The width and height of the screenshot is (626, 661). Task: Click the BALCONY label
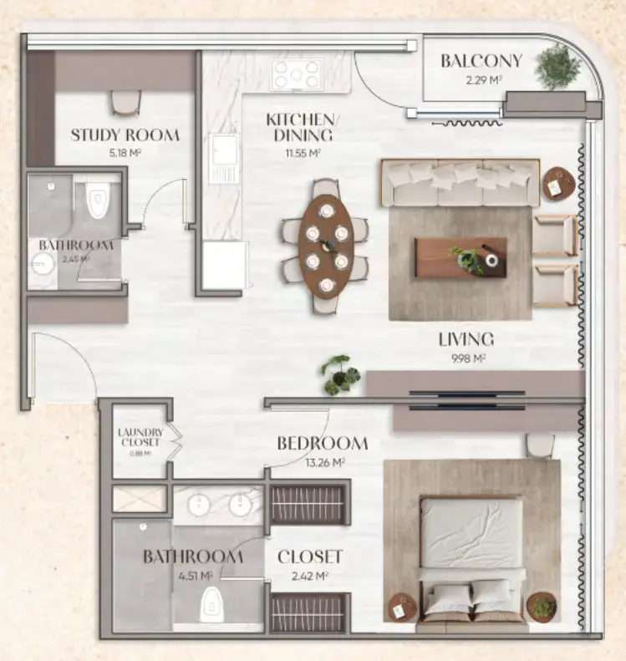point(481,61)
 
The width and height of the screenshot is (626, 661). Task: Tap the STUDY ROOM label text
point(125,135)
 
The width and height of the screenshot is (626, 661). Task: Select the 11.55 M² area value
point(298,153)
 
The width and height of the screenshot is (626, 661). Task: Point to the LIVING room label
point(466,339)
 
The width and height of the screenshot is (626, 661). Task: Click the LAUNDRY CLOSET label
point(140,437)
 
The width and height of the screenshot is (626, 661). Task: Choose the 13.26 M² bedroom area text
point(322,462)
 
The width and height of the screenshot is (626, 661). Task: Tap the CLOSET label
point(310,557)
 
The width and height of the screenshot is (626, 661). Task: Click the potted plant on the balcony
point(557,67)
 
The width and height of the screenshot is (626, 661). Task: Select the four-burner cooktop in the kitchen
point(297,75)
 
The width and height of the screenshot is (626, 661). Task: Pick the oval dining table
point(326,247)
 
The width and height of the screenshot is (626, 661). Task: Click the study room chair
point(126,102)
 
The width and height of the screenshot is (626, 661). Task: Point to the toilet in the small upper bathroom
point(98,199)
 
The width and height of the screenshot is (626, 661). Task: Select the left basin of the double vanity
point(201,505)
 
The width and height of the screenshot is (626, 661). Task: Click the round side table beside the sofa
point(558,184)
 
